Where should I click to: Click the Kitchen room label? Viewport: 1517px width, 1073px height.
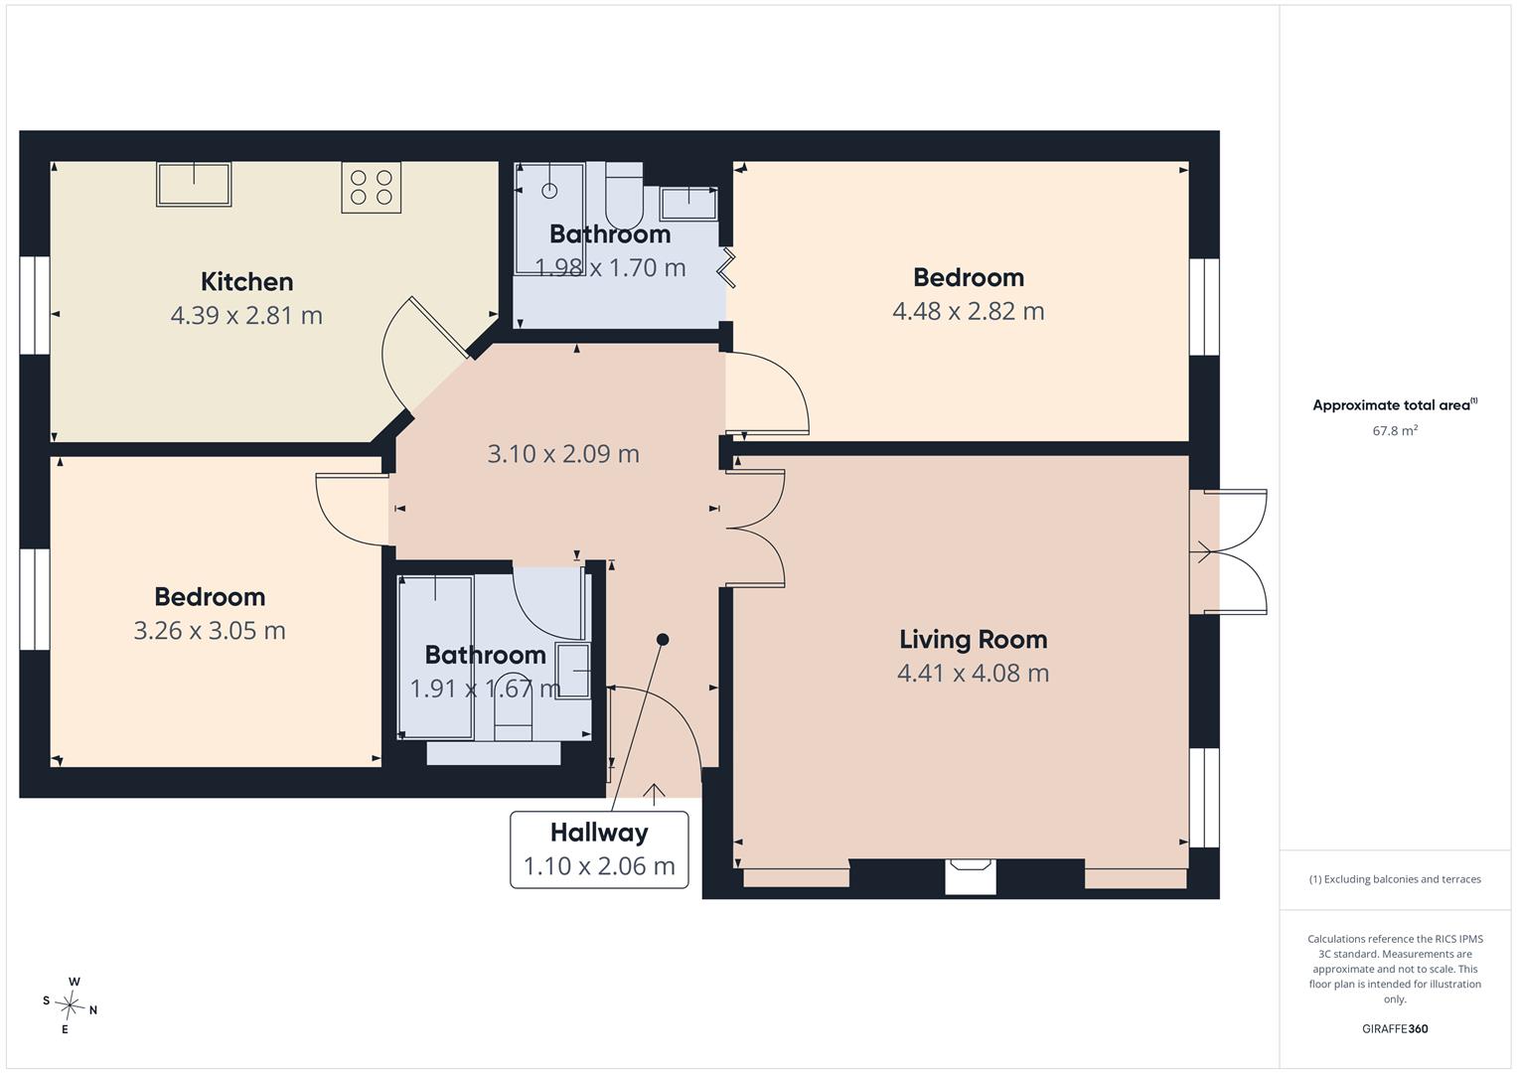[x=246, y=282]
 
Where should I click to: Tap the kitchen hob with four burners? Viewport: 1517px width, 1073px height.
[x=372, y=187]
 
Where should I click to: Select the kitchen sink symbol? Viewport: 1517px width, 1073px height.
[x=194, y=184]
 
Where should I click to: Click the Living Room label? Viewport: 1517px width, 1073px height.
[x=974, y=640]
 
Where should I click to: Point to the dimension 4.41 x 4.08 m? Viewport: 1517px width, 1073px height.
[x=974, y=673]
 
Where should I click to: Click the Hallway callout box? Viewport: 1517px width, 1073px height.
[x=599, y=849]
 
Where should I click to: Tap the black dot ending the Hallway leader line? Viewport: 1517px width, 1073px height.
[x=663, y=640]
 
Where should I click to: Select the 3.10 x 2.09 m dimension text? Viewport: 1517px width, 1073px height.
[x=563, y=454]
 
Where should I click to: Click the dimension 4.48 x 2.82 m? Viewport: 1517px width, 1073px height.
[x=969, y=311]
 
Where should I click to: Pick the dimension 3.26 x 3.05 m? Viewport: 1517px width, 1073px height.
[x=210, y=631]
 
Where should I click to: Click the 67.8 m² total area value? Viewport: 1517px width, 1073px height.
[x=1395, y=431]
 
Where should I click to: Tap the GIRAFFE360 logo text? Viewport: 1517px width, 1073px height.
[x=1395, y=1028]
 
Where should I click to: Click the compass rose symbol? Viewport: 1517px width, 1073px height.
[x=70, y=1004]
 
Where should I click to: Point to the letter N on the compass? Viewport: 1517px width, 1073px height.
[x=93, y=1010]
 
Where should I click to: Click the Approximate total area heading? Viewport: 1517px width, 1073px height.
[x=1392, y=405]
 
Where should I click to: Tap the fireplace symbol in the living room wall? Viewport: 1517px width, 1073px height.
[x=971, y=876]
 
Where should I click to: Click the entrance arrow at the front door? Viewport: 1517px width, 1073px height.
[x=654, y=795]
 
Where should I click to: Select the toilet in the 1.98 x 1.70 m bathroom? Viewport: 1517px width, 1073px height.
[x=624, y=196]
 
